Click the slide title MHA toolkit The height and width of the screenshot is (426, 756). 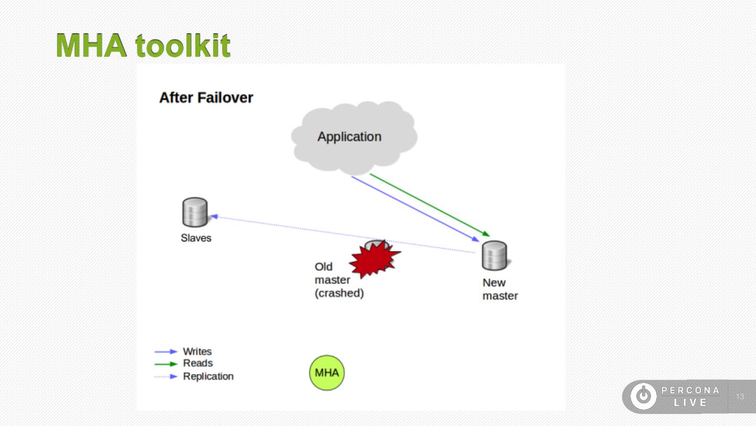(x=143, y=46)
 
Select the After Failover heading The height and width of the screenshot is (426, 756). (x=206, y=98)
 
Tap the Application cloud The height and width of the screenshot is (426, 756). (x=350, y=137)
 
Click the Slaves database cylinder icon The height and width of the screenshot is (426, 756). (x=195, y=212)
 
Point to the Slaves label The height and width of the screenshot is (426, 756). (x=196, y=238)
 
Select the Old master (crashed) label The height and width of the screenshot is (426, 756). (x=339, y=280)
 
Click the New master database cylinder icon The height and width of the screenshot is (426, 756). (x=494, y=256)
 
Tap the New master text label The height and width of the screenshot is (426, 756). (x=500, y=289)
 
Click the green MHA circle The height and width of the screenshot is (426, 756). (x=327, y=373)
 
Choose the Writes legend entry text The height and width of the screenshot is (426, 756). (x=197, y=351)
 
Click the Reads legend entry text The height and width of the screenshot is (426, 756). (x=198, y=363)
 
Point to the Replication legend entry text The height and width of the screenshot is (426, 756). (x=208, y=377)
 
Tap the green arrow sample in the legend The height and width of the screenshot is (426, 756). (x=166, y=364)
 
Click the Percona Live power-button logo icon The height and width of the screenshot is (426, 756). (x=643, y=396)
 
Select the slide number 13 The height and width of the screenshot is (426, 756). (x=740, y=397)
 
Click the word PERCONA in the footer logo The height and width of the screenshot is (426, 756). (x=690, y=390)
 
